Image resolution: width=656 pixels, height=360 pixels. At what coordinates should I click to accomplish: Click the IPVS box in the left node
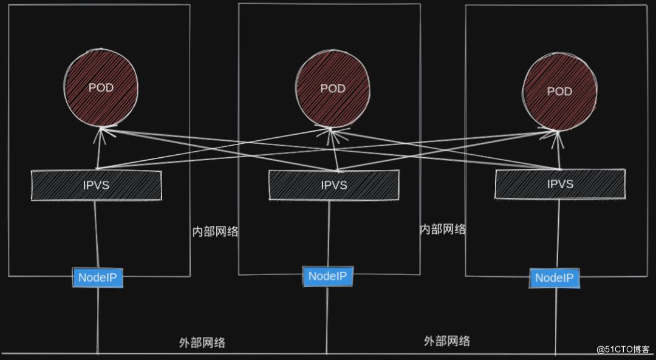97,185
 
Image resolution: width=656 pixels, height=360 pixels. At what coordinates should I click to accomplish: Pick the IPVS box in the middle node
334,185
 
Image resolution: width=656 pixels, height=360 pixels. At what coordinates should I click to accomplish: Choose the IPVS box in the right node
559,184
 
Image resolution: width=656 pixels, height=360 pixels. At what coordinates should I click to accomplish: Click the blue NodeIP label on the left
98,278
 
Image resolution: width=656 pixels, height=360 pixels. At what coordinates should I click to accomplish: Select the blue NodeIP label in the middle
327,276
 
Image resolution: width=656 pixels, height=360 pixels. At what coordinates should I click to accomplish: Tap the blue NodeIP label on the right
555,279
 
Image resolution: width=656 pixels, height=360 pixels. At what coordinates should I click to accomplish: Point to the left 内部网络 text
215,231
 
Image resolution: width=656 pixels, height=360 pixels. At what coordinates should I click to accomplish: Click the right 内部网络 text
443,229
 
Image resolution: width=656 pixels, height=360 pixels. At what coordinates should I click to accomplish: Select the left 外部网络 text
202,342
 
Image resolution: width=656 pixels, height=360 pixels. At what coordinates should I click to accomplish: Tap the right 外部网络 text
447,341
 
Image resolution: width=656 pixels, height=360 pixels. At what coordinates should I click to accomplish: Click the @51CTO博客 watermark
623,349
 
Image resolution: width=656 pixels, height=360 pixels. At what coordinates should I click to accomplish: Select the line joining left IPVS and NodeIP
95,234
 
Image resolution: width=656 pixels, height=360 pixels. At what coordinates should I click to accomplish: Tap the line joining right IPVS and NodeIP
557,234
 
